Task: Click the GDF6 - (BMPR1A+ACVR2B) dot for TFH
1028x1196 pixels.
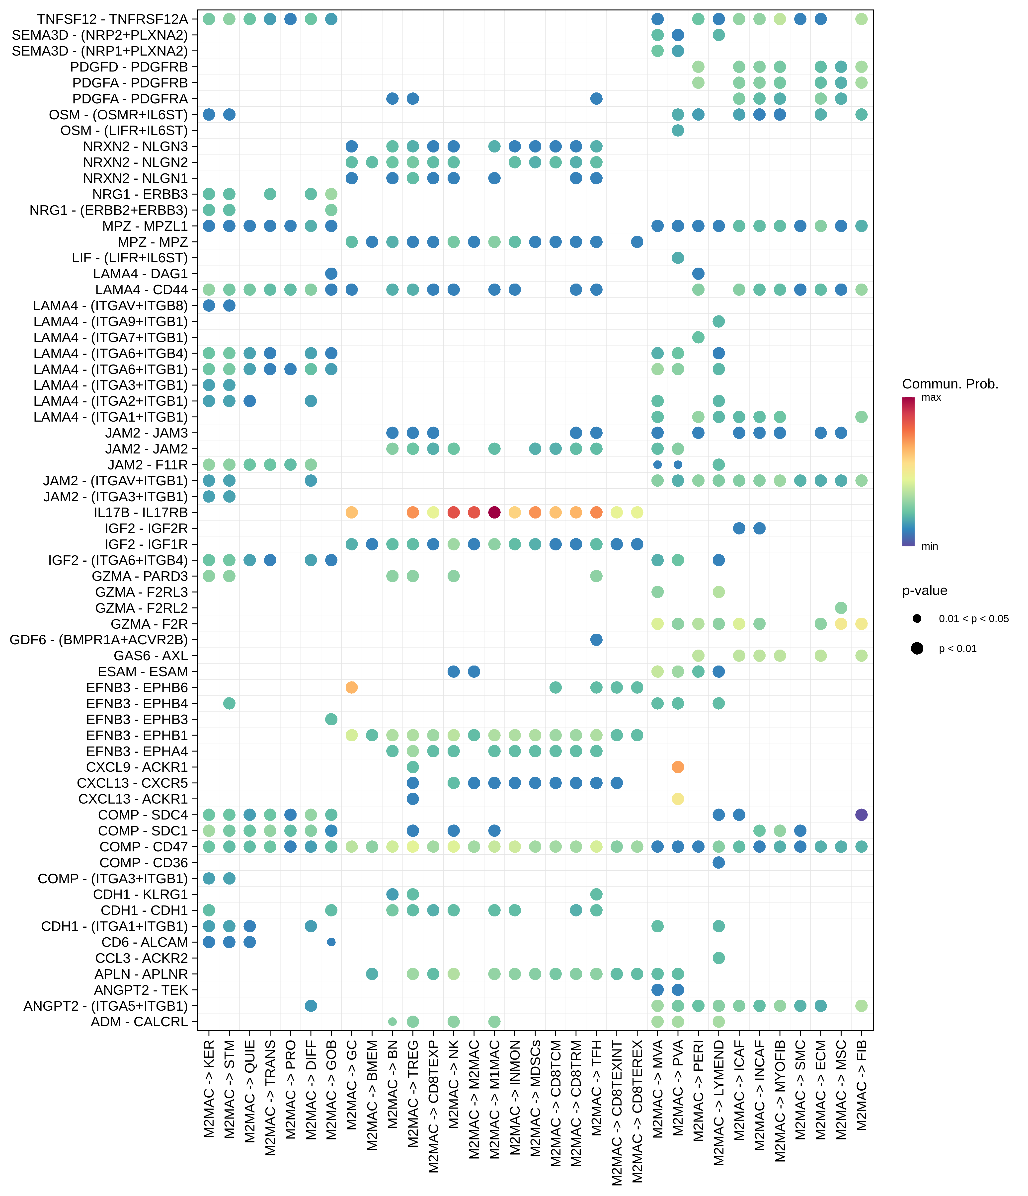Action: click(596, 640)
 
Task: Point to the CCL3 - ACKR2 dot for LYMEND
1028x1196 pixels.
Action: click(719, 958)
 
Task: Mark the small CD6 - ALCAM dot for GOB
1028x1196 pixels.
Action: click(331, 942)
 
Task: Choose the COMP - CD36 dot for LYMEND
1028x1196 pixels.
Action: click(719, 862)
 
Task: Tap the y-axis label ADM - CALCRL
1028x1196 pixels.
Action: click(140, 1022)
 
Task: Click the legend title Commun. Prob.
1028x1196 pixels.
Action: click(950, 384)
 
